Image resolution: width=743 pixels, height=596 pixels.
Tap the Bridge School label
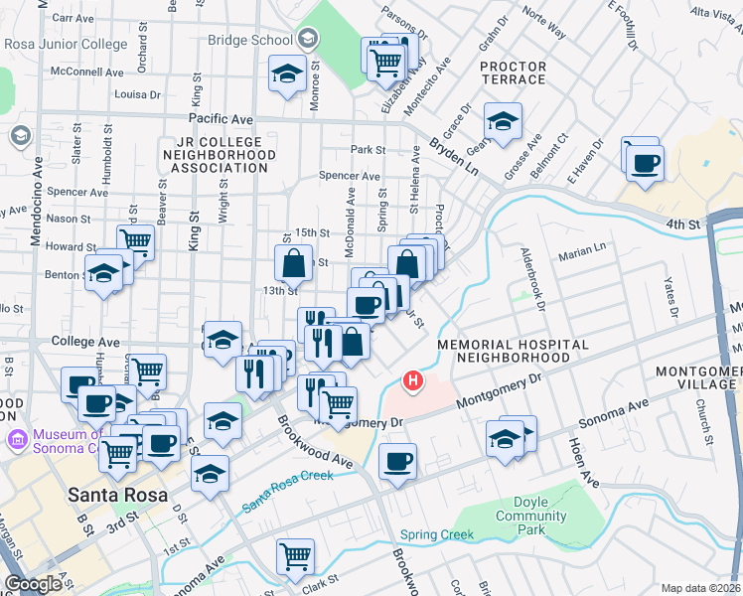pos(249,40)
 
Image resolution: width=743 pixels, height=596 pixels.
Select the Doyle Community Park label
pos(531,517)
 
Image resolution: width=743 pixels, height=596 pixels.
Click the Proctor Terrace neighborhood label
pos(513,73)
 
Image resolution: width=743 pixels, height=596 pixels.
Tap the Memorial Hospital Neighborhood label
pos(513,351)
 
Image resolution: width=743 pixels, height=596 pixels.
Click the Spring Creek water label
pos(438,535)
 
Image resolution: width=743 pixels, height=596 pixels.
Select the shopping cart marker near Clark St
pos(295,557)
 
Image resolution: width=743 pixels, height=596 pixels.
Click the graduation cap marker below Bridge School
pos(288,74)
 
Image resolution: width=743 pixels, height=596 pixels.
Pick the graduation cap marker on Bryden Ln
pos(503,123)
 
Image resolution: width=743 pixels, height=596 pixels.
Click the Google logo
pos(33,584)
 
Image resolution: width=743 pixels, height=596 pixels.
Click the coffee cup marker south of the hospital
pos(397,463)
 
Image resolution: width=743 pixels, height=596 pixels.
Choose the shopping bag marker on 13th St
pos(294,264)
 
